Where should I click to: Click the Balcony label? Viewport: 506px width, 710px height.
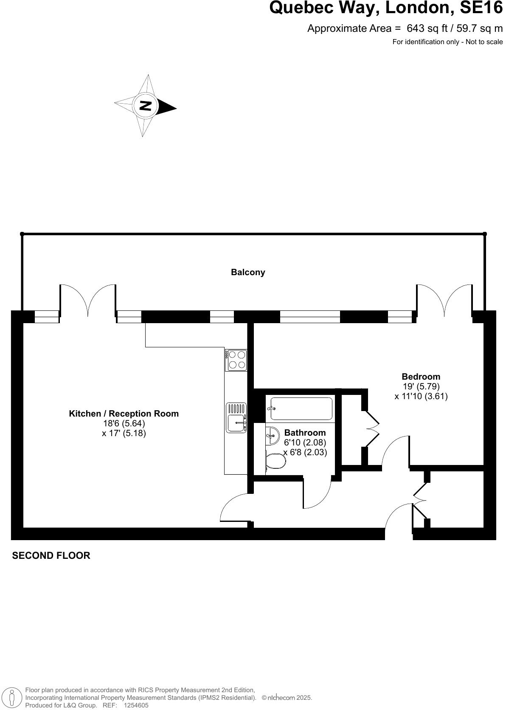[x=248, y=272]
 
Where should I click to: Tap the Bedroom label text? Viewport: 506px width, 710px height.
[x=421, y=377]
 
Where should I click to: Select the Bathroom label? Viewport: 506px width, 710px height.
[x=305, y=433]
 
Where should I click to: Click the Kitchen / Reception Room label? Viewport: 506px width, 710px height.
[x=124, y=414]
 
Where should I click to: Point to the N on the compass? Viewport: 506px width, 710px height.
[x=145, y=106]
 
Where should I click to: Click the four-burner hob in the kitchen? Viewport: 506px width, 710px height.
[x=236, y=360]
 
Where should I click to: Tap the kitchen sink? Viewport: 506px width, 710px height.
[x=236, y=417]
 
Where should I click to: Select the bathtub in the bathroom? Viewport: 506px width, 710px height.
[x=301, y=409]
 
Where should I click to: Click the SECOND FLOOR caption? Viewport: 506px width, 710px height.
[x=51, y=555]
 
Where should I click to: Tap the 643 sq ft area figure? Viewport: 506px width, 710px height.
[x=427, y=28]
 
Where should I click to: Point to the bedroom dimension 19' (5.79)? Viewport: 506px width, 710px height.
[x=421, y=386]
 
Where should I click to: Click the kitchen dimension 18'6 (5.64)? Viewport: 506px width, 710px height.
[x=124, y=423]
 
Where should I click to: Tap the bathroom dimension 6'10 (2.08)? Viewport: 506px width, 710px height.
[x=305, y=442]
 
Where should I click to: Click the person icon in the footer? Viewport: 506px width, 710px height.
[x=12, y=698]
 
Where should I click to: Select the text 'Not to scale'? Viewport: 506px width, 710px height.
[x=484, y=42]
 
